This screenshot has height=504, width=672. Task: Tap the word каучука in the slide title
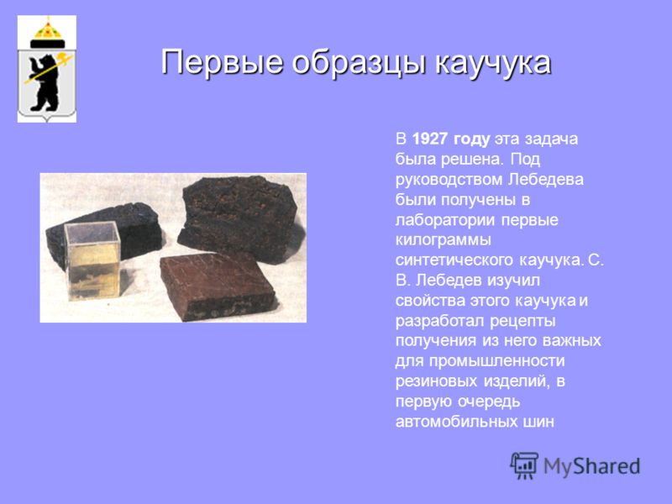493,62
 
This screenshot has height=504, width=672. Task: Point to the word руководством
449,180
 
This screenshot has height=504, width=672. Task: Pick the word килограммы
443,240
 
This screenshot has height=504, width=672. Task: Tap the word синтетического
454,260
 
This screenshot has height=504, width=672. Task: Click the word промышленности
496,361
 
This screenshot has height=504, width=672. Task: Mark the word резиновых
437,381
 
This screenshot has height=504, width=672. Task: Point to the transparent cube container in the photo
92,260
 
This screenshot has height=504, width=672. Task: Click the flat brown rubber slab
218,286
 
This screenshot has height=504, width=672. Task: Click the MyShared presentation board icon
524,465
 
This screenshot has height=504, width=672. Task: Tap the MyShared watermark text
592,466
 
